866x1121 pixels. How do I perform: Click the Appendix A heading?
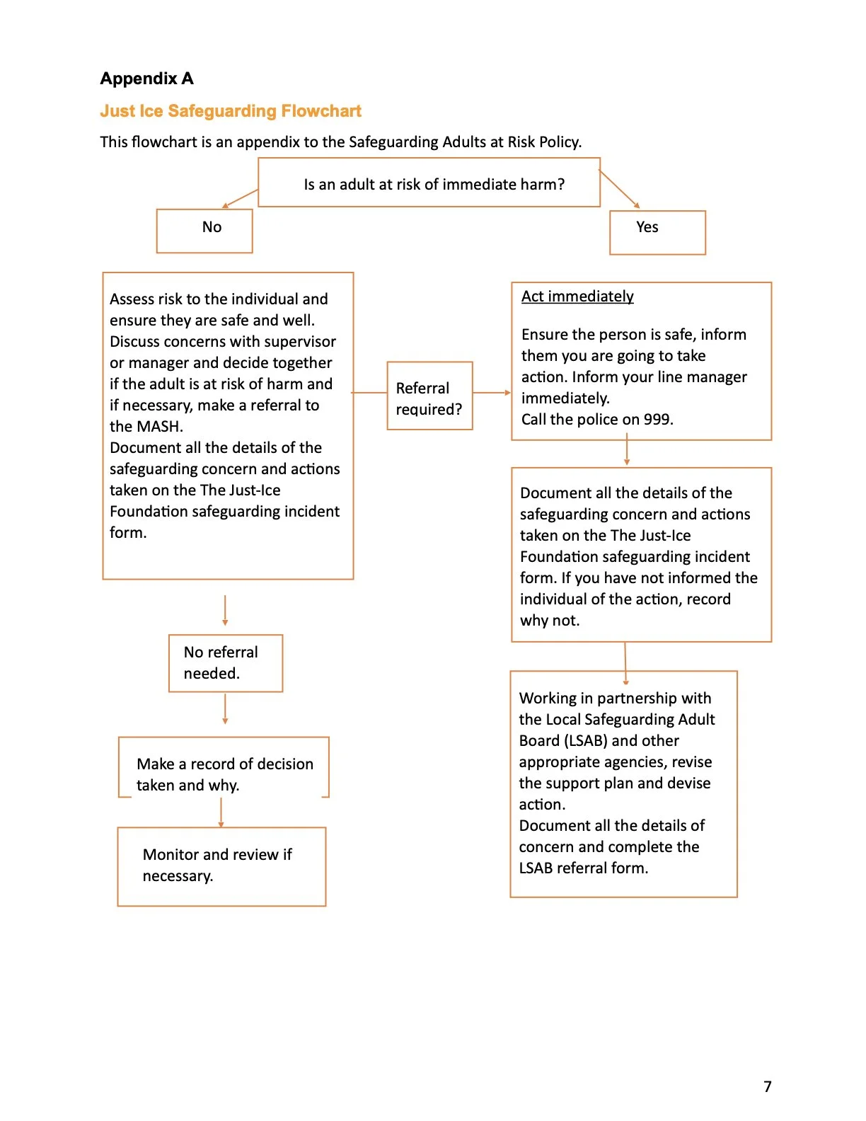point(146,79)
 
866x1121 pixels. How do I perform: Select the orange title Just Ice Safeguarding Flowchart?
point(231,111)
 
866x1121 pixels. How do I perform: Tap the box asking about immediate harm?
point(429,183)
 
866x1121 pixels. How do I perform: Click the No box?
point(204,230)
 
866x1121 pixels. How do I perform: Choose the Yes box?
point(657,231)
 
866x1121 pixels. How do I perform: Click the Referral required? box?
point(429,396)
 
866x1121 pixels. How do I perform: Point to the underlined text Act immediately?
point(577,297)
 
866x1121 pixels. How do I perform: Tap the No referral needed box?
point(226,663)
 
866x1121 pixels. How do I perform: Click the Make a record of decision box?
point(224,768)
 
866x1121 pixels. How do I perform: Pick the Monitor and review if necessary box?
point(221,866)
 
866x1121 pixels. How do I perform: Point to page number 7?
point(768,1086)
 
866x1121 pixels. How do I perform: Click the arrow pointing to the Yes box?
point(620,189)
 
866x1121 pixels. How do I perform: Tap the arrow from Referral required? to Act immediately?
point(492,392)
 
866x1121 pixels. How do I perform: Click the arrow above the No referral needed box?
point(225,610)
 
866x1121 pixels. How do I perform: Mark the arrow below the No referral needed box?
point(225,708)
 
